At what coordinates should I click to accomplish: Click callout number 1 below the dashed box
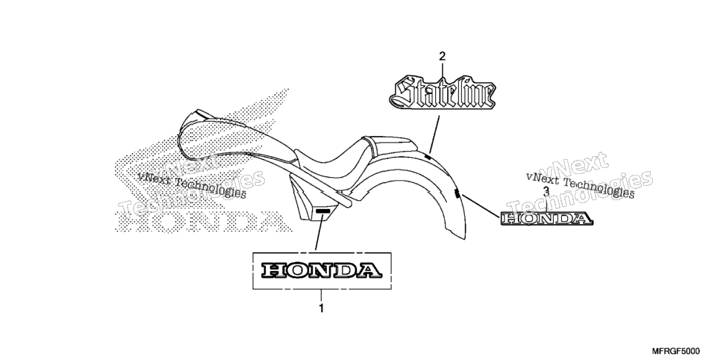322,308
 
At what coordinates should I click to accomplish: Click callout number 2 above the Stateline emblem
443,57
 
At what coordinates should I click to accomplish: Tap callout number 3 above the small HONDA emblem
546,191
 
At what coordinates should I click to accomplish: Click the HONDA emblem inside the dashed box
322,270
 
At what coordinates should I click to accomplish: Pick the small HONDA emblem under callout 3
546,219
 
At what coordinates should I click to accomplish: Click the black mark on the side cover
322,211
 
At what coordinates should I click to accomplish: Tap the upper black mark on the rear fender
428,158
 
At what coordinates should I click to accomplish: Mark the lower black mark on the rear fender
457,193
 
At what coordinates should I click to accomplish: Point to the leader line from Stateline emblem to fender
434,134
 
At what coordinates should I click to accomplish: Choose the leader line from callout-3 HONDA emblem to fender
481,205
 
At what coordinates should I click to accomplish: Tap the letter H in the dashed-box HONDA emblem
273,270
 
